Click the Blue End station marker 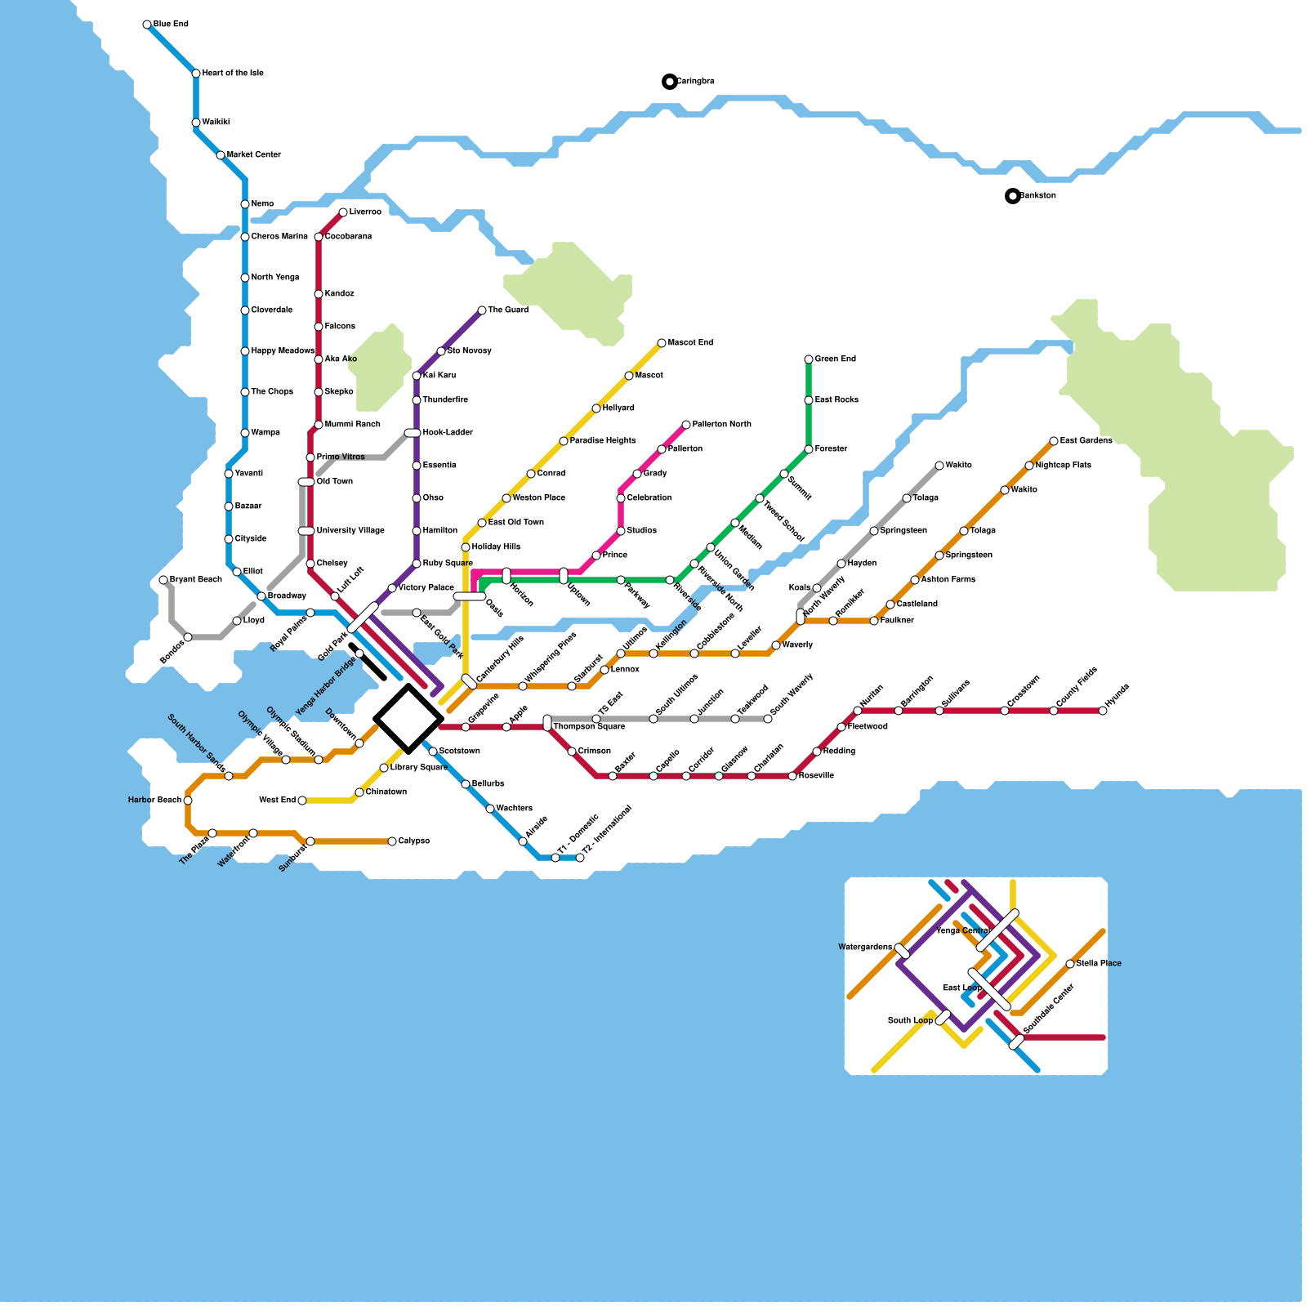pos(147,25)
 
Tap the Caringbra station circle pos(670,82)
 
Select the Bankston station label pos(1037,196)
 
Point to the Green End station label pos(835,359)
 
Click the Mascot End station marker pos(662,343)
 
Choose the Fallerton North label pos(721,425)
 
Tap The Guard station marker pos(482,310)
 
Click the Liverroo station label pos(365,212)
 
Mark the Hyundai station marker pos(1103,711)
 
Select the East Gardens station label pos(1086,441)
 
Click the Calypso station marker pos(392,841)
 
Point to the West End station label pos(277,801)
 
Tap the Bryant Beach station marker pos(163,580)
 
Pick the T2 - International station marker pos(580,858)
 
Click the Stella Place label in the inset pos(1099,964)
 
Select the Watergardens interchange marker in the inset pos(902,951)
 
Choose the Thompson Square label pos(589,727)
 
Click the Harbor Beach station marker pos(188,801)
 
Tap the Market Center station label pos(253,155)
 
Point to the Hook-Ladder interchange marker pos(413,433)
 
